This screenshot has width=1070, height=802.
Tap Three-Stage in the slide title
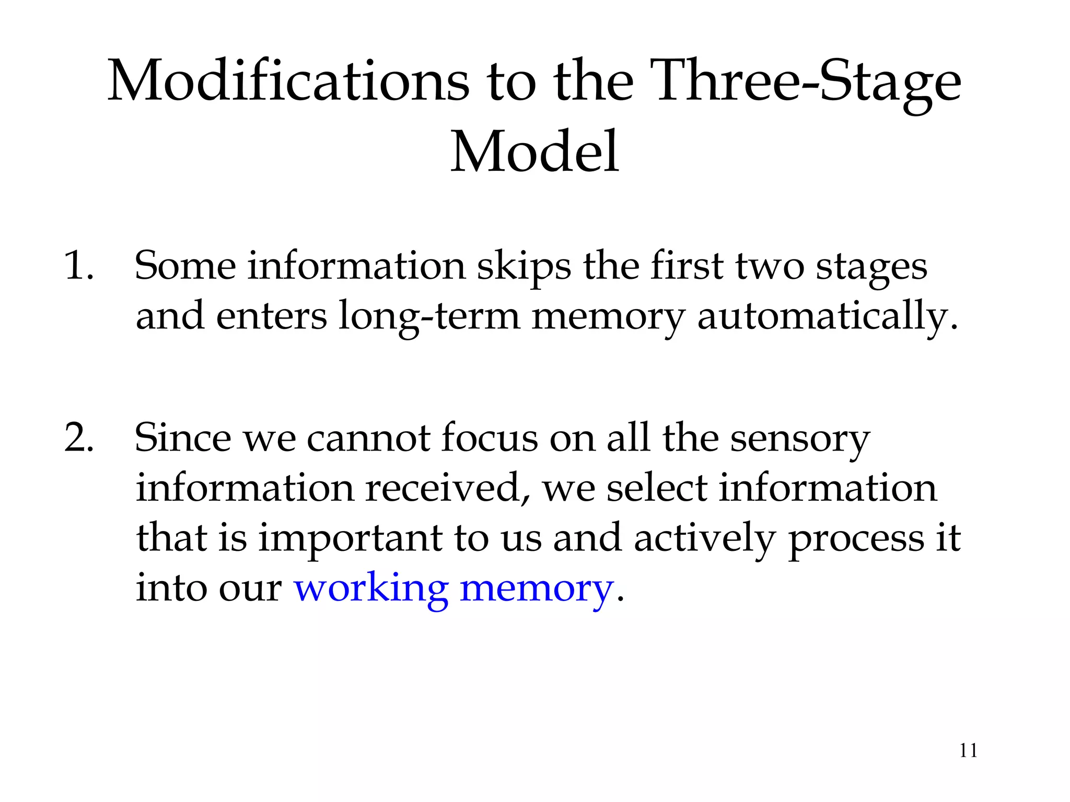point(808,81)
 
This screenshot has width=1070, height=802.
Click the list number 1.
point(78,266)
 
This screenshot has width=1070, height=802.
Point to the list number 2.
point(79,437)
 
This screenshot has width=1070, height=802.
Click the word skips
point(524,267)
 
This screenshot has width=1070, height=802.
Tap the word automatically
point(828,316)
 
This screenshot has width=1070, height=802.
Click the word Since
point(182,438)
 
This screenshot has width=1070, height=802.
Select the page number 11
point(968,751)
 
